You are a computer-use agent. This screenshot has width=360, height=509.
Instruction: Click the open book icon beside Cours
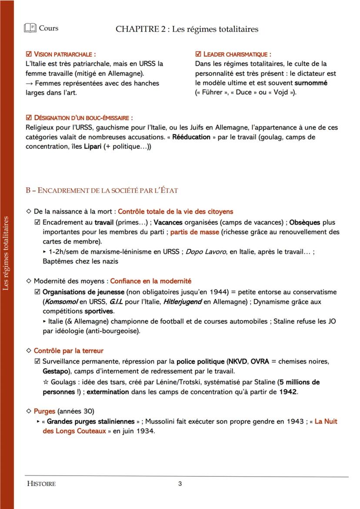click(30, 28)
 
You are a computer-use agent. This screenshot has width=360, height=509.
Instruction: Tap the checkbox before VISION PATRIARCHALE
click(29, 54)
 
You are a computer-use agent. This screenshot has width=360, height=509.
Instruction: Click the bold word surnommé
click(311, 83)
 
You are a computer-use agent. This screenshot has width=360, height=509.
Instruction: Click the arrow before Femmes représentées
click(29, 83)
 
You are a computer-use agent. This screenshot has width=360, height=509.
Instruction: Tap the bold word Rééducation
click(191, 137)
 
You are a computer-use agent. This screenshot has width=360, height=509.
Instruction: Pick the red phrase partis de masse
click(194, 232)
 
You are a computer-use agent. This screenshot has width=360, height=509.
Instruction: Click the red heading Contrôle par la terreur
click(68, 351)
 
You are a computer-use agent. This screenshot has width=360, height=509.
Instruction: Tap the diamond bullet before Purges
click(29, 411)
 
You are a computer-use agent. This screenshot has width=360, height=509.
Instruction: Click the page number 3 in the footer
click(180, 484)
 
